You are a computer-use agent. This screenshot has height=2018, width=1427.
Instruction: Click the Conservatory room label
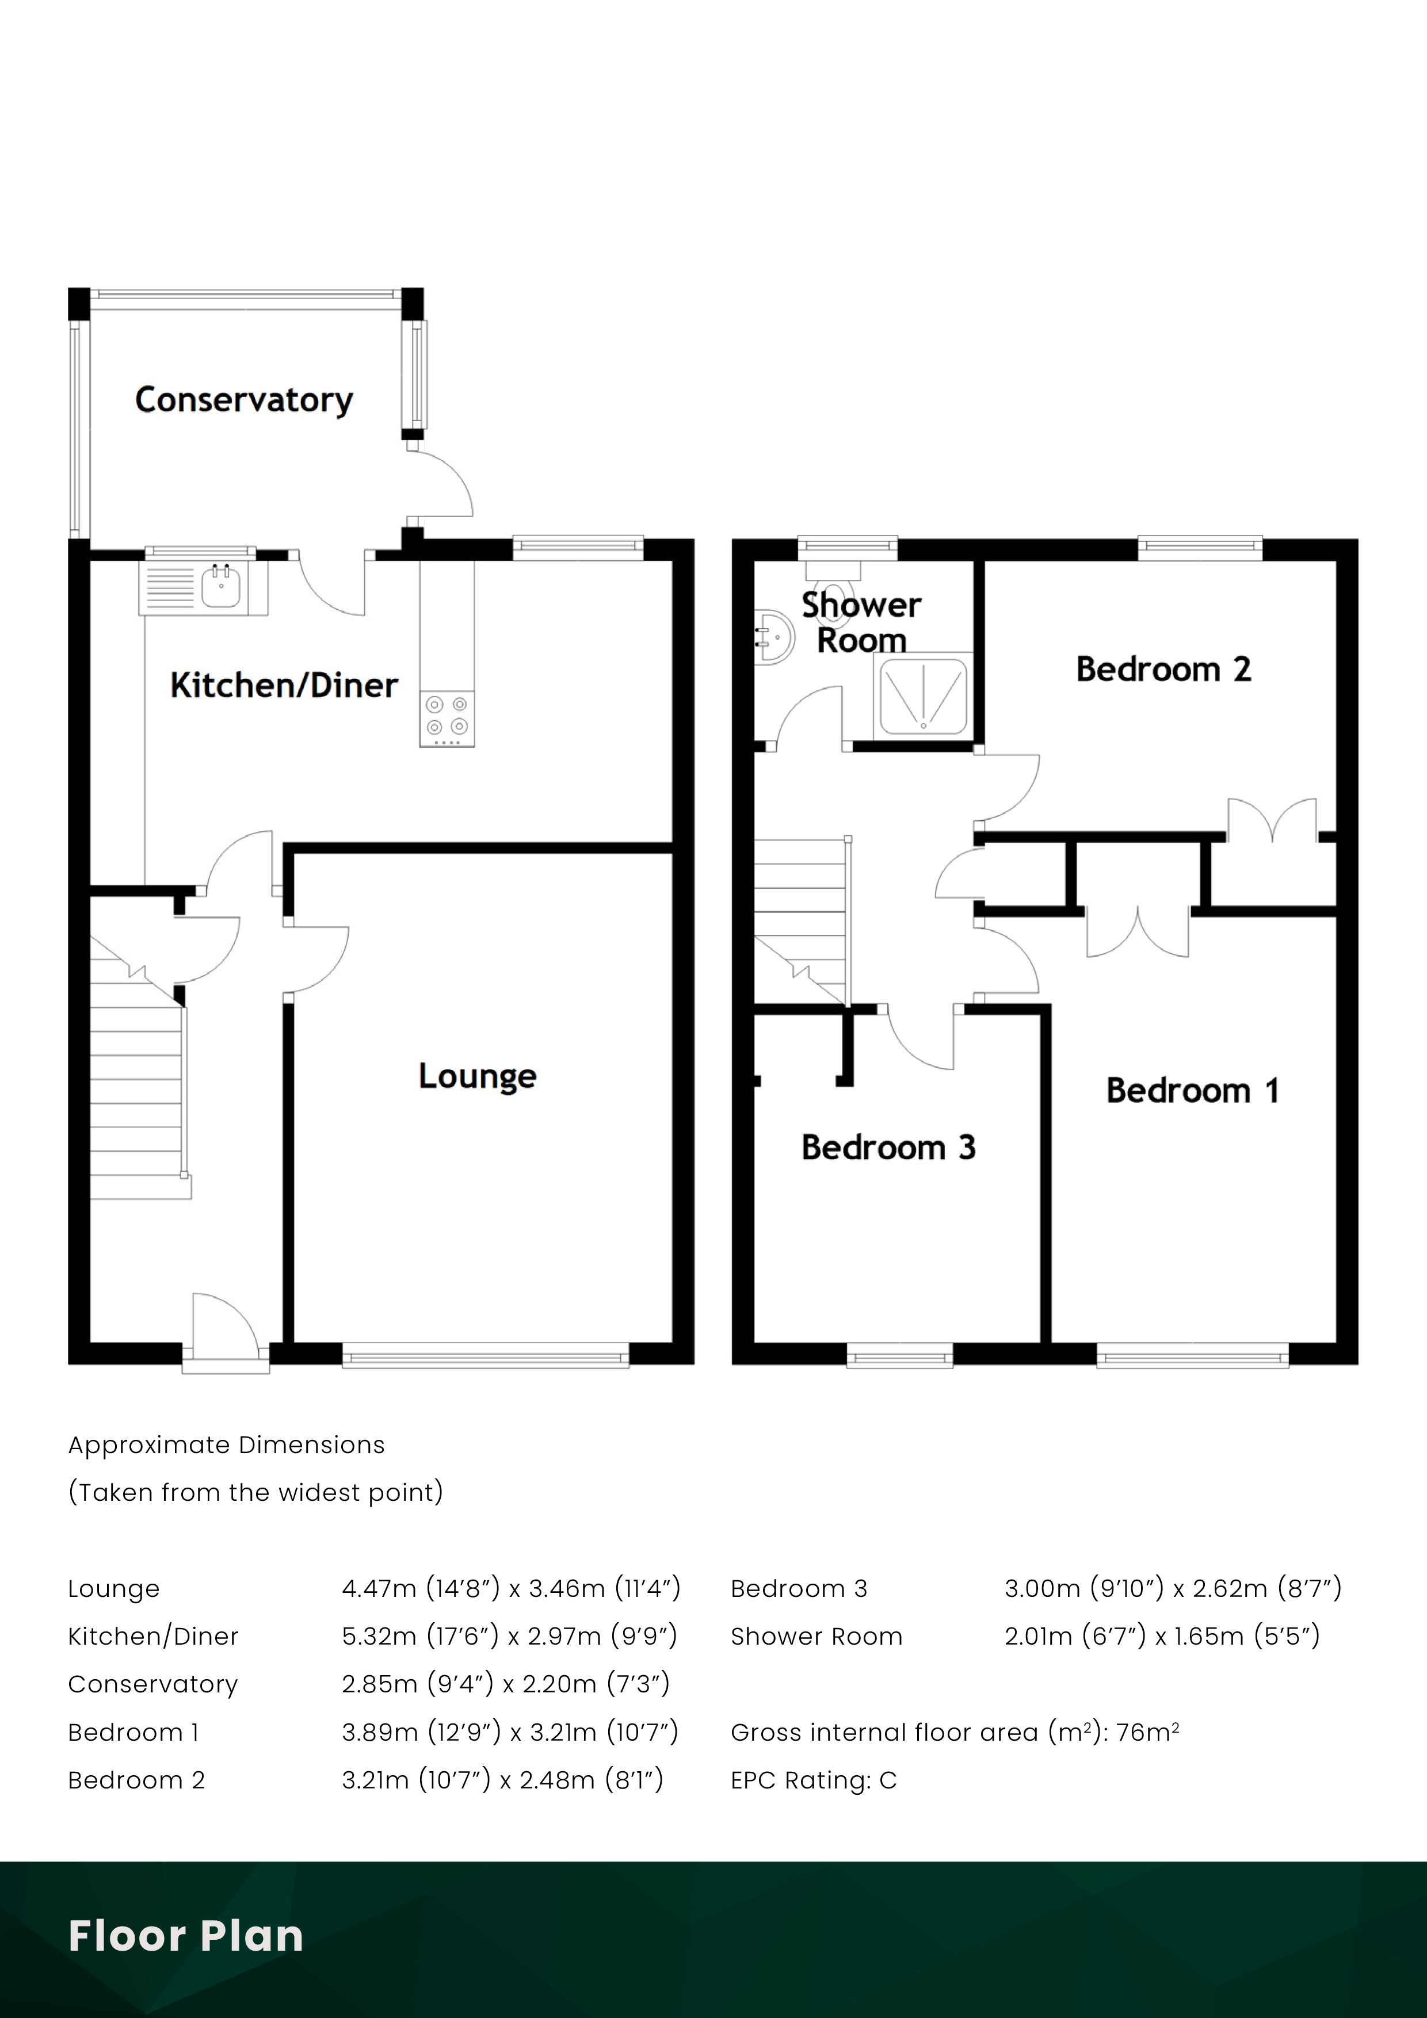tap(243, 400)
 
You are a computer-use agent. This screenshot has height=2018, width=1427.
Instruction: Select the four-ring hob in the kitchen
tap(447, 716)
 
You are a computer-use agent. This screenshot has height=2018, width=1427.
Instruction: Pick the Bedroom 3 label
tap(888, 1147)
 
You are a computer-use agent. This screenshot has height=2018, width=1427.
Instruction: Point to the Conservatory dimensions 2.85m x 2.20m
tap(506, 1683)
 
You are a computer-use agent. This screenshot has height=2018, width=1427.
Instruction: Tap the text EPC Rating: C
tap(813, 1780)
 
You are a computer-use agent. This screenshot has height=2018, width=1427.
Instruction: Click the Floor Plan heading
tap(185, 1935)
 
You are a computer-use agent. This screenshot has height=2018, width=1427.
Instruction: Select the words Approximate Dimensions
tap(226, 1445)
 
